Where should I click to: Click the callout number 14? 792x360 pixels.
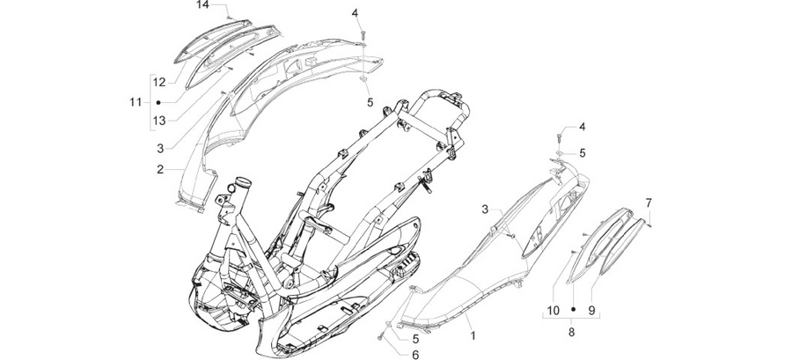(202, 5)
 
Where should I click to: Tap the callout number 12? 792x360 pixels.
(159, 83)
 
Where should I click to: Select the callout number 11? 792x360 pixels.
(136, 102)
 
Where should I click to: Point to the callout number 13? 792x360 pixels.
(159, 121)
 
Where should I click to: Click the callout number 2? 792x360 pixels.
(160, 170)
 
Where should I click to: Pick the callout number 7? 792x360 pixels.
(649, 203)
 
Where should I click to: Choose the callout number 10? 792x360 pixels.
(554, 311)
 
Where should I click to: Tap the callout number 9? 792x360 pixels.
(591, 311)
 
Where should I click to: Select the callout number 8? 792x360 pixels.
(572, 332)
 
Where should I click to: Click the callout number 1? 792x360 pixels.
(473, 335)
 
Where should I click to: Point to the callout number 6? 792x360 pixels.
(415, 355)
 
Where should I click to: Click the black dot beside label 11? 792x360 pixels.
(158, 102)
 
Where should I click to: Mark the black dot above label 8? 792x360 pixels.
(573, 308)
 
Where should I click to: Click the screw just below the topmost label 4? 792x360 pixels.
(363, 33)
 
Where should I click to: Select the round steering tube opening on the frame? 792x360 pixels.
(244, 180)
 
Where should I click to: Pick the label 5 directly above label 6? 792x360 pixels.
(415, 339)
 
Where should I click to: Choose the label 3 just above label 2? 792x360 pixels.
(160, 149)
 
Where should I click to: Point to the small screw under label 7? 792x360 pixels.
(649, 225)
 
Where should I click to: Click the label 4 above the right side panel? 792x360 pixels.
(582, 127)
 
